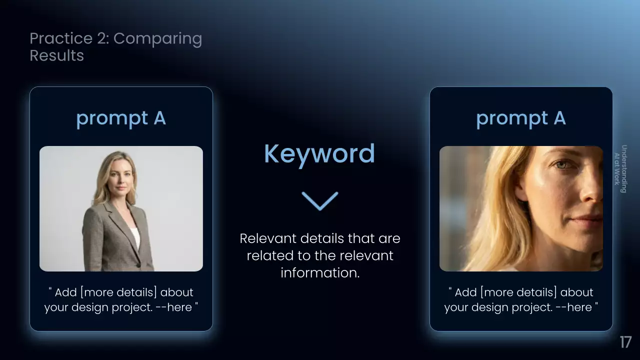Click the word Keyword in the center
(319, 154)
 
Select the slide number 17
(625, 342)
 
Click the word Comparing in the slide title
(157, 39)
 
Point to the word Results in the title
(56, 55)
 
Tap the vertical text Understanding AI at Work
(620, 168)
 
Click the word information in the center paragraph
(319, 272)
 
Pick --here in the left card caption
(173, 307)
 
